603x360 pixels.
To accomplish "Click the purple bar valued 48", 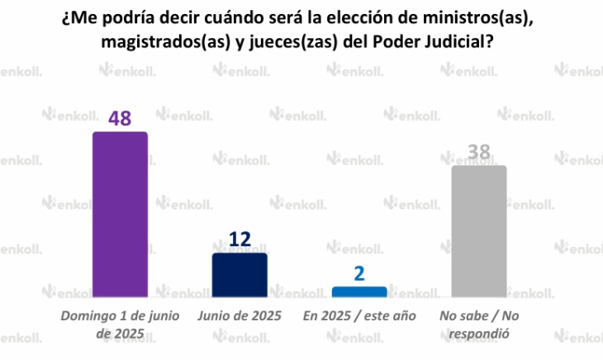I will [120, 214].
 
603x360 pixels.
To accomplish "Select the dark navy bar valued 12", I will [240, 274].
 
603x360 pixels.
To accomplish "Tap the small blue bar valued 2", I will [359, 291].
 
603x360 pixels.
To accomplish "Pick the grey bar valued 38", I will [479, 230].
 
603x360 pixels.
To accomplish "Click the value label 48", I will [120, 118].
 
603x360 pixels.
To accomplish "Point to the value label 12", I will [240, 240].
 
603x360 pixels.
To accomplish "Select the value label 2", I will [359, 273].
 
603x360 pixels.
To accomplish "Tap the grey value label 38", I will [479, 152].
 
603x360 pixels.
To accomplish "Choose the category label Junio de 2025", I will [240, 315].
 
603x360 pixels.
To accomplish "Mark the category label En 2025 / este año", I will [359, 315].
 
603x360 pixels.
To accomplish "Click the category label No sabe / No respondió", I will [479, 324].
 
